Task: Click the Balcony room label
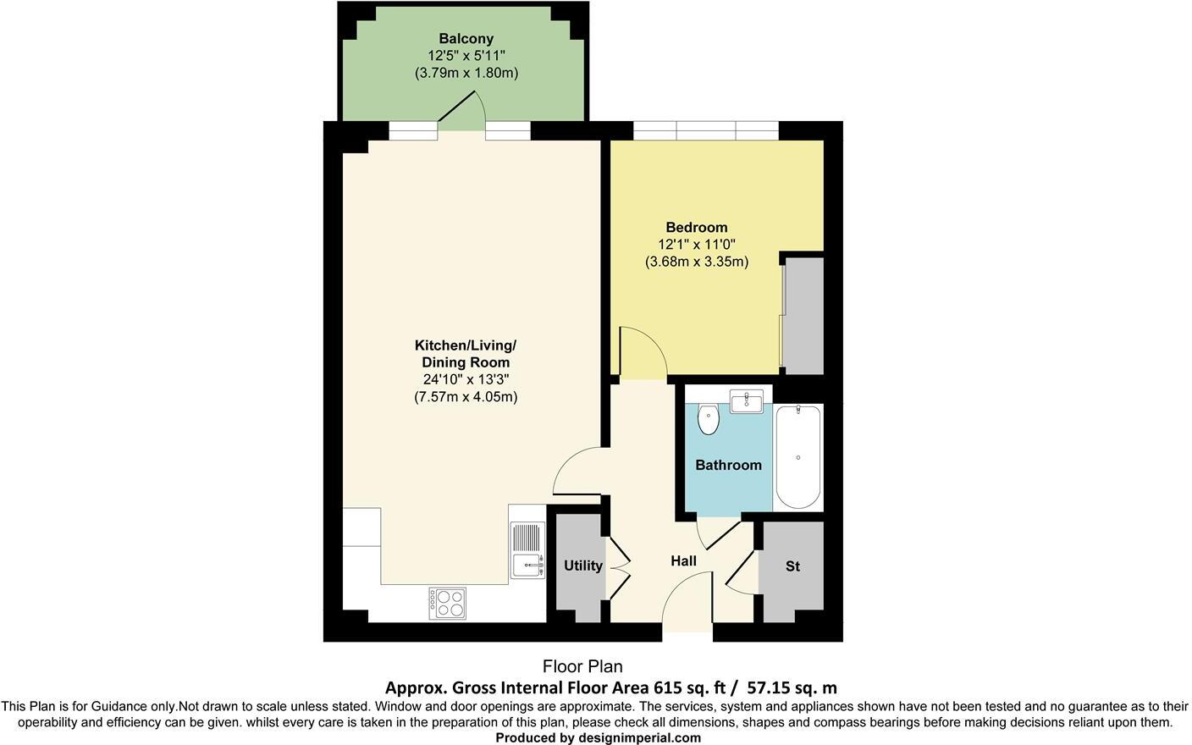click(x=466, y=39)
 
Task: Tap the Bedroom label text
click(x=696, y=227)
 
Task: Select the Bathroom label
click(x=728, y=465)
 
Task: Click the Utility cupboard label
click(x=582, y=566)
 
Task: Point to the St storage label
click(x=792, y=566)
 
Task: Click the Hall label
click(x=683, y=560)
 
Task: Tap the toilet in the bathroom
click(x=709, y=419)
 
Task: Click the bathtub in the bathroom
click(x=797, y=457)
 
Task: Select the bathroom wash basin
click(x=746, y=400)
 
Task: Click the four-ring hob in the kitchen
click(x=447, y=604)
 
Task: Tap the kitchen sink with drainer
click(x=527, y=551)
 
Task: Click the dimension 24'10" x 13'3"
click(x=466, y=379)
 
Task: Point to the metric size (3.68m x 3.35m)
click(x=696, y=262)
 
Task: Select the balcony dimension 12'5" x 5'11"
click(x=466, y=56)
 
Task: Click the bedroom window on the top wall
click(x=705, y=130)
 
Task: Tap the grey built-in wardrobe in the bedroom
click(x=803, y=316)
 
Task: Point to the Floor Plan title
click(x=582, y=667)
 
